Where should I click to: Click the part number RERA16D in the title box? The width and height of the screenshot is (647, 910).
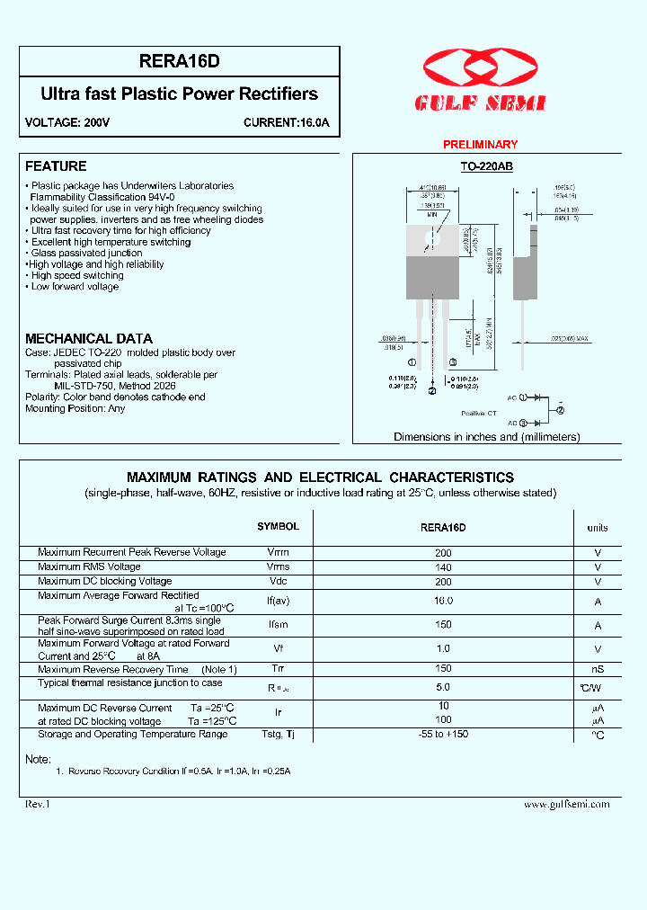click(180, 62)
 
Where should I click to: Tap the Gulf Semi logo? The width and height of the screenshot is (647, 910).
click(480, 80)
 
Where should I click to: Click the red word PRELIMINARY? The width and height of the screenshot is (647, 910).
click(481, 145)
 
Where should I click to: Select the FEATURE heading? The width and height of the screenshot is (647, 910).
click(56, 166)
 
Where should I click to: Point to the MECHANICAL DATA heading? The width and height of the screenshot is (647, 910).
click(89, 339)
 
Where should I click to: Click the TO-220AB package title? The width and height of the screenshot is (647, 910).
click(486, 167)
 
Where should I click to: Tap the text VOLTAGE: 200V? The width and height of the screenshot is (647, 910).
click(67, 122)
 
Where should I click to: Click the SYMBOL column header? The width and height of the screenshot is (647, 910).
click(278, 527)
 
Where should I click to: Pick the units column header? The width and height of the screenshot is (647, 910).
click(598, 528)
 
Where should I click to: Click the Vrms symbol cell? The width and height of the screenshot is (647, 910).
click(278, 567)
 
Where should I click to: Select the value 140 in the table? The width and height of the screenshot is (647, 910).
click(443, 567)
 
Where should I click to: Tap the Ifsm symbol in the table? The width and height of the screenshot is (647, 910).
click(278, 625)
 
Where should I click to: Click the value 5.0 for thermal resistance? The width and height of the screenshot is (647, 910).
click(443, 687)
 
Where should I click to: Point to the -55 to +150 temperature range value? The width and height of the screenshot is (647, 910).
click(443, 735)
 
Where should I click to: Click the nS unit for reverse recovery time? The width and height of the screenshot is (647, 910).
click(598, 670)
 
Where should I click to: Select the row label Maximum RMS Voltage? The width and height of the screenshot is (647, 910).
click(89, 567)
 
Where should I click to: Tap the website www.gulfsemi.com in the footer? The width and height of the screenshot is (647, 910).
click(566, 804)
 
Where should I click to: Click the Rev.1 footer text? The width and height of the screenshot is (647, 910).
click(38, 804)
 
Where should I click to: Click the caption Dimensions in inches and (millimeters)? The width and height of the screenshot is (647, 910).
click(486, 437)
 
